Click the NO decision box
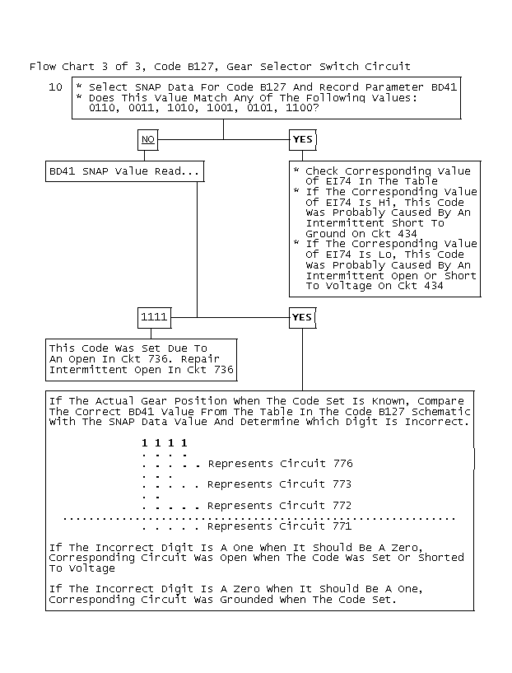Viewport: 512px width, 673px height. [148, 140]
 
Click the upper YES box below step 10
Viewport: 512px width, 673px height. [302, 140]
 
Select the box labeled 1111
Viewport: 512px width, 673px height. [154, 317]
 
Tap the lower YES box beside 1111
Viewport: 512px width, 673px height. [302, 317]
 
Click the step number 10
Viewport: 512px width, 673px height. [55, 87]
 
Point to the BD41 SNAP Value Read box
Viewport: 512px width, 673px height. [124, 171]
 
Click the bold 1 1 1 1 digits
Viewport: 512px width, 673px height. [165, 443]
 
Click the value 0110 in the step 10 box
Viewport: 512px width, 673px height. [102, 108]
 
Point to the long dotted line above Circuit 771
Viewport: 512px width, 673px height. [259, 518]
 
